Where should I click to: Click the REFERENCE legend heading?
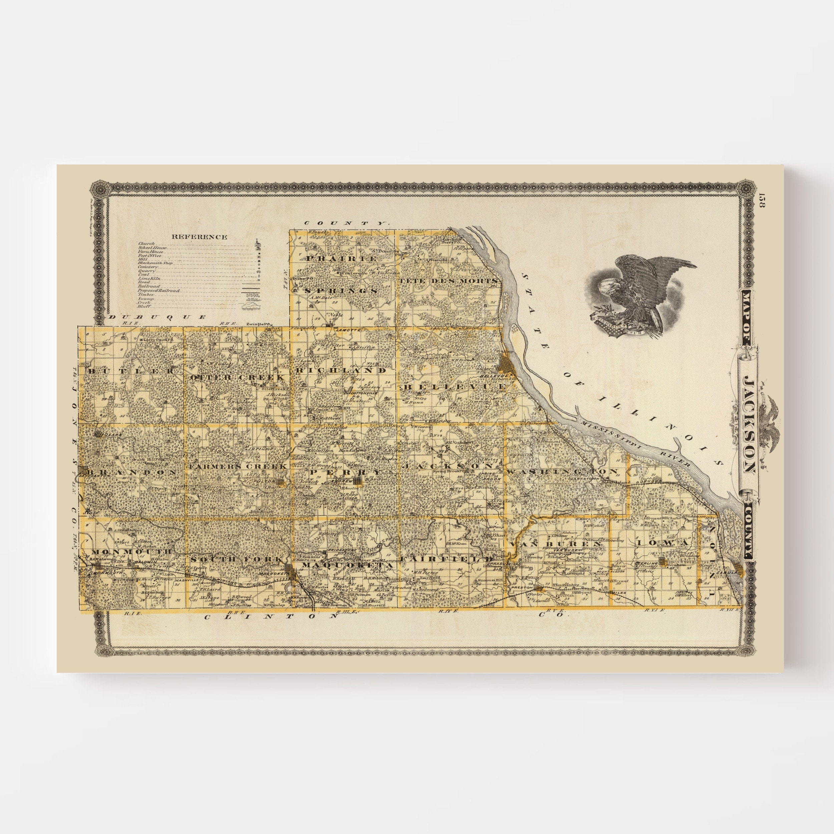click(199, 237)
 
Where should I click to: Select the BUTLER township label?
click(132, 371)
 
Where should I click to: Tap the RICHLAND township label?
click(341, 370)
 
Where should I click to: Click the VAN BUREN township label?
click(555, 544)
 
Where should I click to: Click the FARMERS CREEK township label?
click(238, 467)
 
